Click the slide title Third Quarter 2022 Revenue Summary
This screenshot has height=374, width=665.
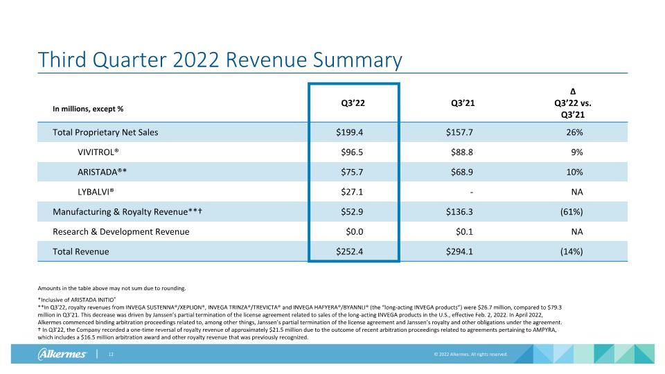(220, 60)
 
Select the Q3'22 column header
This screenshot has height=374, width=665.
(353, 103)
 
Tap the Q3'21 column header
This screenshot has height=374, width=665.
(463, 103)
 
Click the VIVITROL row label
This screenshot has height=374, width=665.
(98, 152)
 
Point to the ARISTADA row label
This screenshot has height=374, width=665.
(102, 172)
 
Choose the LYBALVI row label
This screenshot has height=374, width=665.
(96, 192)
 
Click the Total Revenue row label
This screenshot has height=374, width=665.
(80, 252)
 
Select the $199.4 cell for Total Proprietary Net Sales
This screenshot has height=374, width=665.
(349, 132)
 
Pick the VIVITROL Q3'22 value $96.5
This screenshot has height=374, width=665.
(352, 152)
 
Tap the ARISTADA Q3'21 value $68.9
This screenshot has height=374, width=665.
(462, 172)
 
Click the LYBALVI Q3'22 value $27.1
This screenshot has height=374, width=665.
(352, 192)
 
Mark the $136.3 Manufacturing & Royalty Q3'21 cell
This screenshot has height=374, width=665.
(459, 212)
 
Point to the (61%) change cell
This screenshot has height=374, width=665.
(571, 212)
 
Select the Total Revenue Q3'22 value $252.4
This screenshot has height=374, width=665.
(349, 252)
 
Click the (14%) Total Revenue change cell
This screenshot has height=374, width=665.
(571, 252)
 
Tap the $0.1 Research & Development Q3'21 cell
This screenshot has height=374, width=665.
(464, 232)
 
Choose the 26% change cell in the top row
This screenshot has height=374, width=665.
(574, 132)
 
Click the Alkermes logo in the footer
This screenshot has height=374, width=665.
(62, 354)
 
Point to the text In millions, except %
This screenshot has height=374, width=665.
(88, 109)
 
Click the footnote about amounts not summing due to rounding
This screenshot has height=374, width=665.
(112, 288)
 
